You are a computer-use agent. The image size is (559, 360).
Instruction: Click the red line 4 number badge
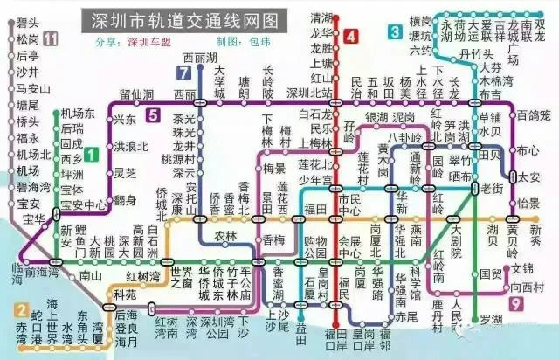(x=350, y=37)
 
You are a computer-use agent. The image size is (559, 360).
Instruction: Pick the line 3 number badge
(x=396, y=32)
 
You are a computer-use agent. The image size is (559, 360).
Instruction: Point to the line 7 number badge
(x=184, y=73)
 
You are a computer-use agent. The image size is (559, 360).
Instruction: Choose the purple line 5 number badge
(x=154, y=114)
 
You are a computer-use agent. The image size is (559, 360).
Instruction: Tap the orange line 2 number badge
(x=21, y=309)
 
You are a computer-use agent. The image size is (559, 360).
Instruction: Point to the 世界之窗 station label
(x=182, y=279)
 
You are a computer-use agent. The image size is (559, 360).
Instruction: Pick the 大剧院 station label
(x=454, y=237)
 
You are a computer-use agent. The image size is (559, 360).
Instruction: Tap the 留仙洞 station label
(x=137, y=93)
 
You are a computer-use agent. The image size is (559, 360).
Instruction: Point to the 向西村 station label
(x=527, y=287)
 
